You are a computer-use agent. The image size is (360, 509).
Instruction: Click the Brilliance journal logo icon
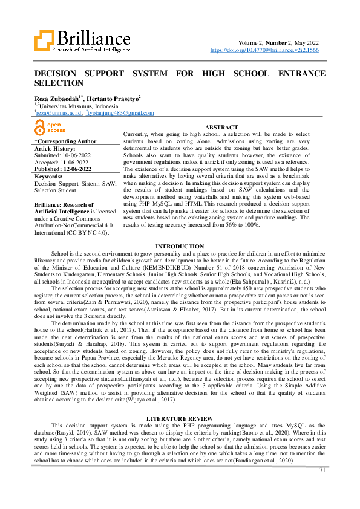(x=45, y=42)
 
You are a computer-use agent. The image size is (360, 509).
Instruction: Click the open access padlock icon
(x=40, y=127)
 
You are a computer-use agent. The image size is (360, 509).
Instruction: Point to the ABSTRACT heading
(x=221, y=126)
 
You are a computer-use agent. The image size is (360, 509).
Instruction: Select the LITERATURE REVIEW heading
(x=180, y=402)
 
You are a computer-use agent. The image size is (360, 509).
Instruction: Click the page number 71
(x=322, y=469)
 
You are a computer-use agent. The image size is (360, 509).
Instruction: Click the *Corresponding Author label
(x=65, y=141)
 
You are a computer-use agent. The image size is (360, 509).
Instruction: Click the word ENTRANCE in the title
(x=293, y=73)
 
